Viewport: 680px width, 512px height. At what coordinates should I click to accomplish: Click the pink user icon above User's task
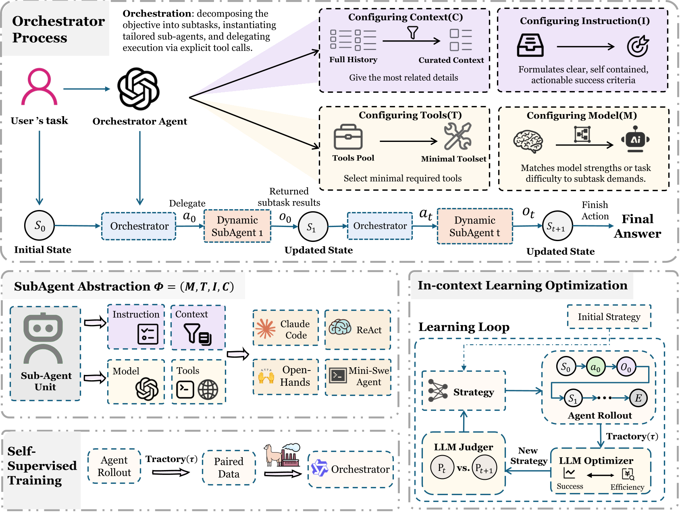(x=39, y=87)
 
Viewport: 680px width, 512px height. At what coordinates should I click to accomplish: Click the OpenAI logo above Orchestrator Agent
(x=138, y=89)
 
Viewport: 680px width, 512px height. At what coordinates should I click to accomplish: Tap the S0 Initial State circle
(x=40, y=226)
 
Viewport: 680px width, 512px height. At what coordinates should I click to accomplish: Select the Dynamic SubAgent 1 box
(x=237, y=226)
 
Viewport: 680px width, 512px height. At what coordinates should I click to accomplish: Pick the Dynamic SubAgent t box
(x=475, y=226)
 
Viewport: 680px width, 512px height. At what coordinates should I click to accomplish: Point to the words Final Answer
(x=637, y=226)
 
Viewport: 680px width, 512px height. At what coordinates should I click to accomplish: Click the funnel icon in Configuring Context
(x=412, y=33)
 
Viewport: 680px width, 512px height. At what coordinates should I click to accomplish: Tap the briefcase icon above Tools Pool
(x=348, y=137)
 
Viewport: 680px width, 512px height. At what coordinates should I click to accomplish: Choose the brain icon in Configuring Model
(x=528, y=142)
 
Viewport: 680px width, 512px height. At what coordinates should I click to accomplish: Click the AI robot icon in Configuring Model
(x=635, y=139)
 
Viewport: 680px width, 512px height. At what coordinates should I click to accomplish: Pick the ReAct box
(x=358, y=329)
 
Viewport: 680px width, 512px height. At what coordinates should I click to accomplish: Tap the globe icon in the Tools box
(x=208, y=389)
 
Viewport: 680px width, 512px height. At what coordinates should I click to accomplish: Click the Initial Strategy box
(x=609, y=317)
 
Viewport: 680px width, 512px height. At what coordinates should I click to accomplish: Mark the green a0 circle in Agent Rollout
(x=595, y=367)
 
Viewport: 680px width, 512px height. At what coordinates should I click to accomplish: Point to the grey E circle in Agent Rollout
(x=638, y=398)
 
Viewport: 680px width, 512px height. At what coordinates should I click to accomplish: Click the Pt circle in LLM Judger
(x=442, y=468)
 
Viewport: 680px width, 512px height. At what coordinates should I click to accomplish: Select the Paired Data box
(x=229, y=468)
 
